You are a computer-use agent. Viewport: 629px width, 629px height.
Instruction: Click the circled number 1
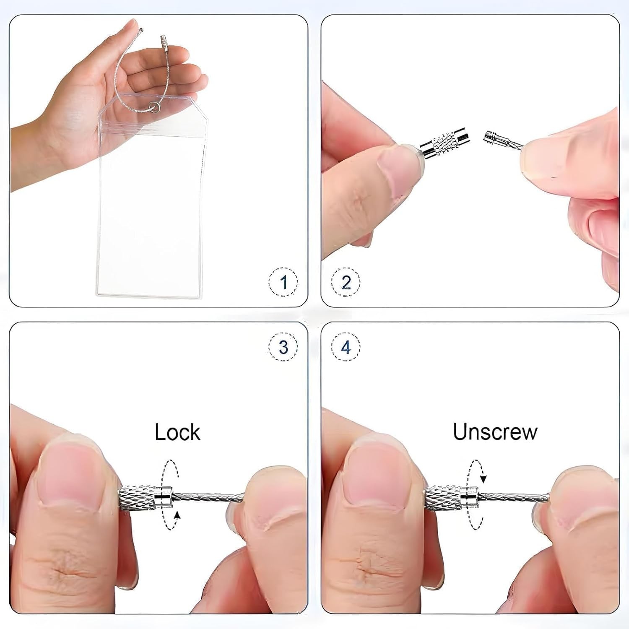tap(283, 282)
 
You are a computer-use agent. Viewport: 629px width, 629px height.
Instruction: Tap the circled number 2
tap(346, 282)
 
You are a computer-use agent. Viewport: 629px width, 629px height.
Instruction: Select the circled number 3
tap(283, 347)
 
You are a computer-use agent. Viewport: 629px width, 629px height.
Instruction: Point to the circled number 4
tap(346, 347)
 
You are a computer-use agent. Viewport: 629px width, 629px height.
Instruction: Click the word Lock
tap(177, 432)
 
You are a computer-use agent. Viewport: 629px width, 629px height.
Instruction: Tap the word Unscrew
tap(495, 431)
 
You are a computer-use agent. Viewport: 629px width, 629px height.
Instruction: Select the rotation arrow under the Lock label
tap(172, 495)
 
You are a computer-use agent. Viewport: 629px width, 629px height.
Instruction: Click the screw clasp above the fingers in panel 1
tap(163, 43)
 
